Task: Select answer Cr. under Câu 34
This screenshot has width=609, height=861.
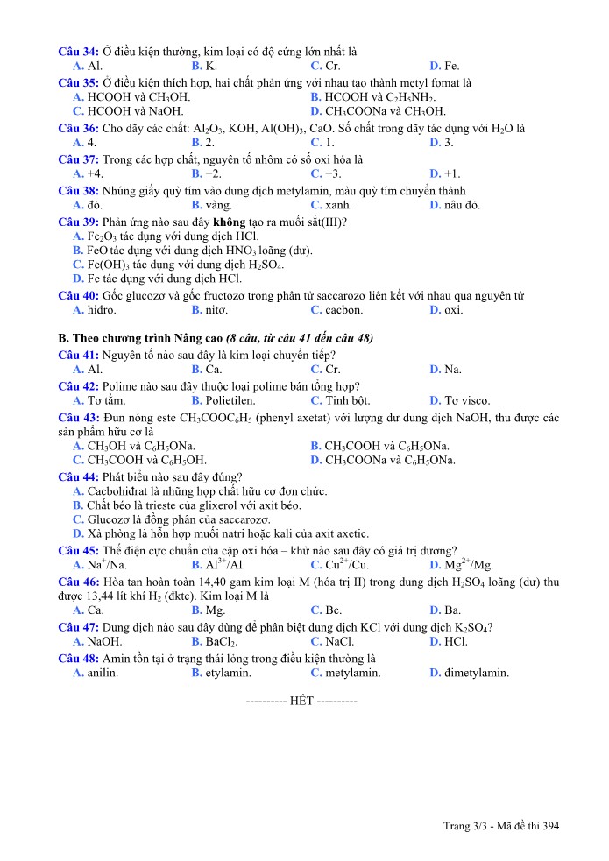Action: pos(332,66)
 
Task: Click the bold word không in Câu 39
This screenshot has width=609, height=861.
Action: pos(230,221)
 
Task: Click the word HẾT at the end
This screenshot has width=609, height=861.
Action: pos(302,702)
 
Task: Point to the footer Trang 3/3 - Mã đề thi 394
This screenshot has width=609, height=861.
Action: pos(500,825)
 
